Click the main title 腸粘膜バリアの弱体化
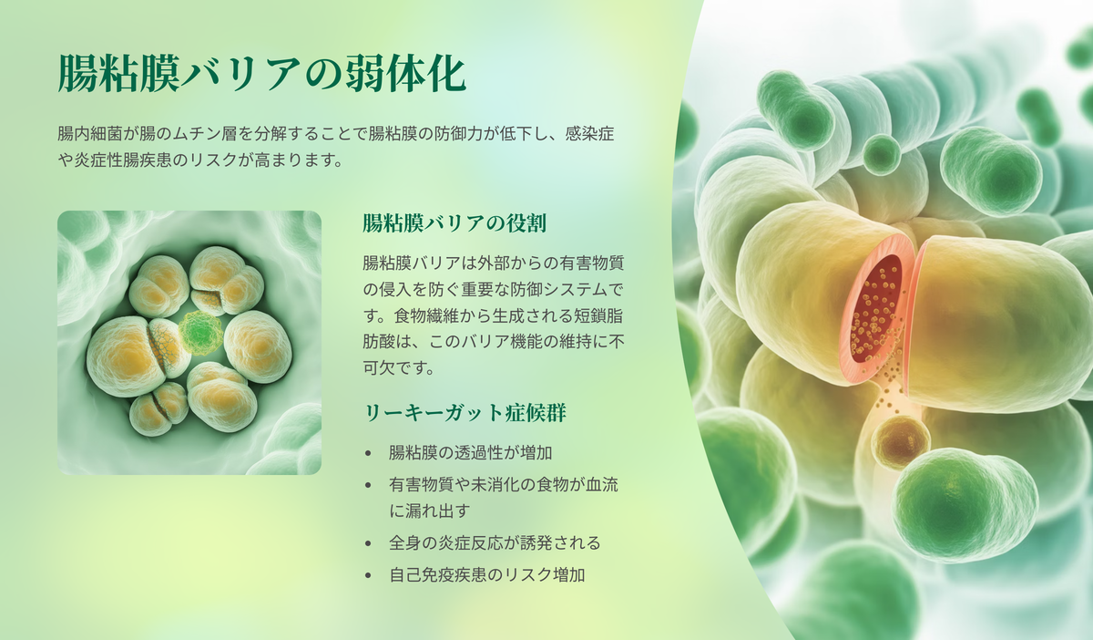click(262, 73)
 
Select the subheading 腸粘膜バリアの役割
click(455, 223)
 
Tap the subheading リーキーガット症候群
click(465, 413)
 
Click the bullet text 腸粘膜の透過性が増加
click(470, 453)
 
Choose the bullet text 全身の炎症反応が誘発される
click(495, 542)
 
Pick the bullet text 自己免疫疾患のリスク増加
click(486, 575)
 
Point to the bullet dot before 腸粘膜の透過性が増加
click(368, 453)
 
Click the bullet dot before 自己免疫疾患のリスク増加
click(368, 575)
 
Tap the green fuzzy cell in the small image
click(200, 333)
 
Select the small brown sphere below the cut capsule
click(900, 442)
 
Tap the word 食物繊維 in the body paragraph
click(426, 315)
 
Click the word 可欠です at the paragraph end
click(399, 367)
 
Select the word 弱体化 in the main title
click(405, 73)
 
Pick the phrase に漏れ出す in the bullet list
click(429, 511)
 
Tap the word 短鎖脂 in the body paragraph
click(598, 315)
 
